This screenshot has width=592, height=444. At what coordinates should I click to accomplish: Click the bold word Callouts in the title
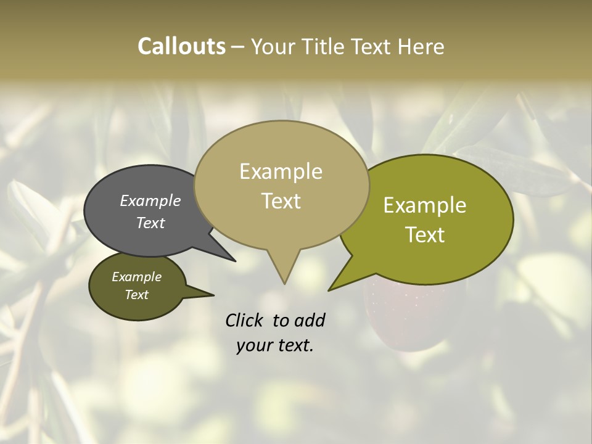tap(181, 46)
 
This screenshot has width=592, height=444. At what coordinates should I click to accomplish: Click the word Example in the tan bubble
tap(281, 171)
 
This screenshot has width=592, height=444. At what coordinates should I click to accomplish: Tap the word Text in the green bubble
tap(425, 235)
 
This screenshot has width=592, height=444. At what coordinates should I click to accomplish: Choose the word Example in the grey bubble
tap(150, 200)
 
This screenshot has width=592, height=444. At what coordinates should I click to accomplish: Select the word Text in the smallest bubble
tap(136, 295)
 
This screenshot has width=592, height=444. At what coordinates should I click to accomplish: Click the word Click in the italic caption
tap(244, 320)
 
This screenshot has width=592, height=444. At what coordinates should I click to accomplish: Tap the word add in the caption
tap(309, 320)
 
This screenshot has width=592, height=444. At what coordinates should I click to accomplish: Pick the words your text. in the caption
tap(274, 345)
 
